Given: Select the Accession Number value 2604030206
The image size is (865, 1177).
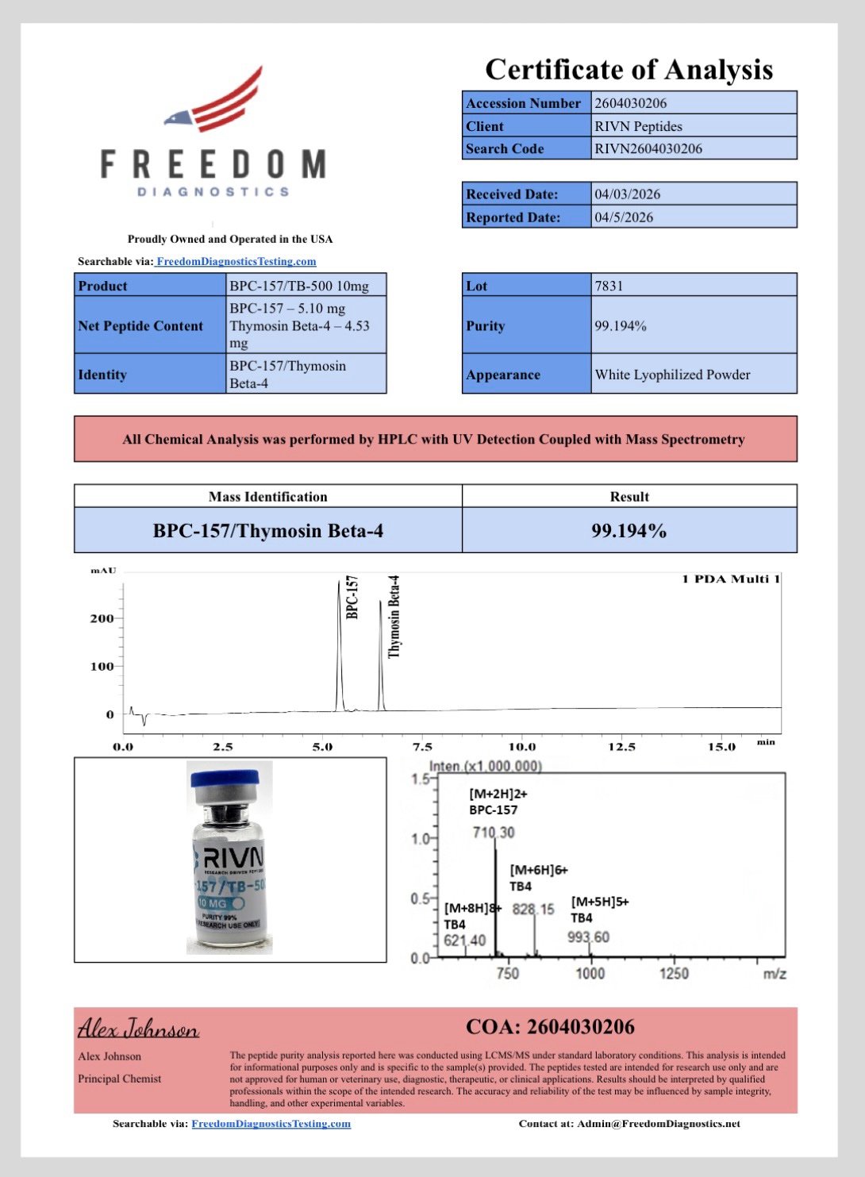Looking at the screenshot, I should click(631, 103).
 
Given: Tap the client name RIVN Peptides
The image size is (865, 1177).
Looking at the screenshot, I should click(638, 126).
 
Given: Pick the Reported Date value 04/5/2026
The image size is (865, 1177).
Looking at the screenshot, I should click(624, 217).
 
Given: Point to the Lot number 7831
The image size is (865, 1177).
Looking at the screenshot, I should click(609, 286).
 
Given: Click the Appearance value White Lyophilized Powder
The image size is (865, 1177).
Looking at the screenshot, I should click(672, 375).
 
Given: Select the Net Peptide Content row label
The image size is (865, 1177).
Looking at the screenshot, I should click(140, 325).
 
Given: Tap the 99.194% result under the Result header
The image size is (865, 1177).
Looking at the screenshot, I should click(629, 531).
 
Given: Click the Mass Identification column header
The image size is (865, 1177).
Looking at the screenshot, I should click(267, 497).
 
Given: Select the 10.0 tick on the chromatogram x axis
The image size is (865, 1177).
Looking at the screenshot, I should click(521, 747).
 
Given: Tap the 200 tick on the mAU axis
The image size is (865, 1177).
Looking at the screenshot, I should click(102, 618).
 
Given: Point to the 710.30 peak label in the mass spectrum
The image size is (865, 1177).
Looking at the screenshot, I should click(494, 833).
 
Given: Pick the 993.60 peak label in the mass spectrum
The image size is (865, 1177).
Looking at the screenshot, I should click(588, 937).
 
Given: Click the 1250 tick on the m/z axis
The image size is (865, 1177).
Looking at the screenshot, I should click(674, 973).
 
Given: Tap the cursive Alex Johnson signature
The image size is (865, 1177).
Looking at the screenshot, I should click(138, 1029).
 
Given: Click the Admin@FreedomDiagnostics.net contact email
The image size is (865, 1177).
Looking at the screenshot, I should click(658, 1124).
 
